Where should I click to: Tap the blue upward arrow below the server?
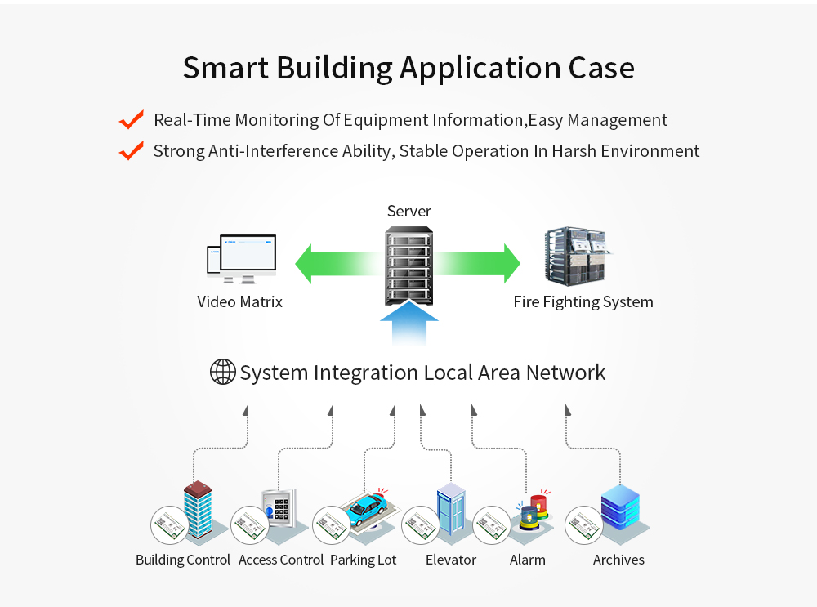pyautogui.click(x=408, y=325)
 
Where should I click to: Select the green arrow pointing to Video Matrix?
pyautogui.click(x=335, y=263)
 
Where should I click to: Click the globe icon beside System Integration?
pyautogui.click(x=223, y=373)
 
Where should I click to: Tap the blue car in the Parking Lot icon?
pyautogui.click(x=366, y=509)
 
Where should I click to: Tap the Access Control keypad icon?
pyautogui.click(x=279, y=510)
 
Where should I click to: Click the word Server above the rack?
pyautogui.click(x=408, y=212)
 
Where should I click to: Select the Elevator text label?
pyautogui.click(x=450, y=560)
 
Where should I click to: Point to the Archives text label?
pyautogui.click(x=618, y=560)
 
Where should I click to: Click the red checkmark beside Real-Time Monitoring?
pyautogui.click(x=131, y=120)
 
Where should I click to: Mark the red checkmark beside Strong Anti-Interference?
pyautogui.click(x=131, y=151)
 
